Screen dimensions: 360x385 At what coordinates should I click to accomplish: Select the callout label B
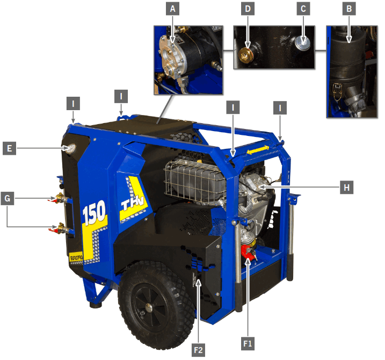pos(350,9)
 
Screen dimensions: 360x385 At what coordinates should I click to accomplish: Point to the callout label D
pos(248,9)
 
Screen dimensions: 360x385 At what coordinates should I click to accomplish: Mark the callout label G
pos(9,198)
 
